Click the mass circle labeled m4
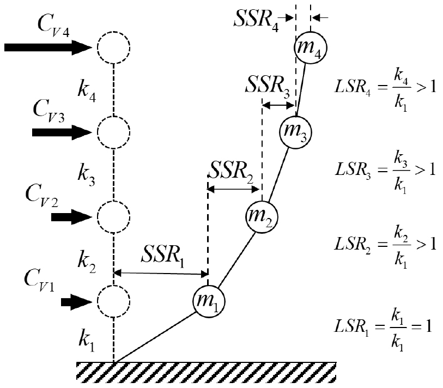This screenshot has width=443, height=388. (311, 48)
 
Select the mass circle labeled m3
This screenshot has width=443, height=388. (295, 131)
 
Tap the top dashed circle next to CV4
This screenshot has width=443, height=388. (113, 48)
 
